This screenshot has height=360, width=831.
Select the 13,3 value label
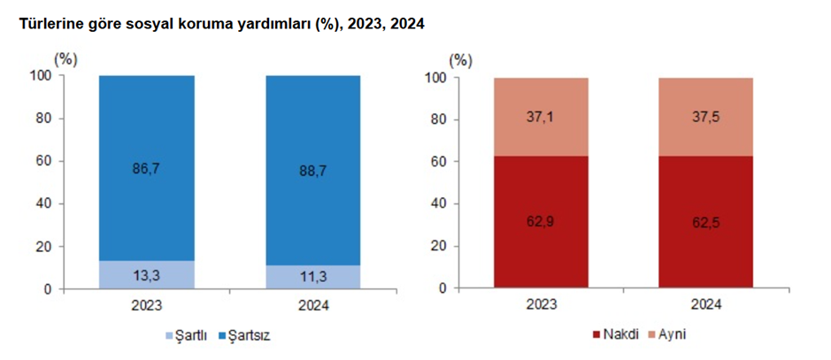coord(146,276)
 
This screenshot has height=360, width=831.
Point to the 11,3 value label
coord(313,278)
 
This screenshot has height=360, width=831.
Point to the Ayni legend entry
coord(673,335)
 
